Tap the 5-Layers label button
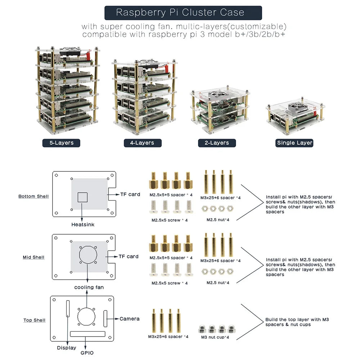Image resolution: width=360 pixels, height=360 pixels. (x=61, y=143)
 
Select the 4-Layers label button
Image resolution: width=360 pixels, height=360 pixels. (x=142, y=143)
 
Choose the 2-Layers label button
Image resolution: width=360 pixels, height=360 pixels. (x=217, y=143)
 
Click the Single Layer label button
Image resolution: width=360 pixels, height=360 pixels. (x=294, y=143)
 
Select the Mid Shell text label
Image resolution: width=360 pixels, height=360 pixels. (x=33, y=257)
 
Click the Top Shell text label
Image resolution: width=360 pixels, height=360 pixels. (x=35, y=320)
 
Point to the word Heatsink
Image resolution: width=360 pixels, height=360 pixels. (x=83, y=225)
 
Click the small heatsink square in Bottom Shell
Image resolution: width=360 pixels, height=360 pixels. (x=83, y=197)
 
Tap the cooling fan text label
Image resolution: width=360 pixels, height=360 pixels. (x=89, y=287)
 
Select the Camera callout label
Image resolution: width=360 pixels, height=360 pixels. (x=129, y=319)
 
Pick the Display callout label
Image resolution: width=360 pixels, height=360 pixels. (x=67, y=348)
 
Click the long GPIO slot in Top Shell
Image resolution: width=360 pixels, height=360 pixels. (x=86, y=334)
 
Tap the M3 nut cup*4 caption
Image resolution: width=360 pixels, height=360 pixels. (x=215, y=337)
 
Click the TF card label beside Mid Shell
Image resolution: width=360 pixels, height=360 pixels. (x=129, y=257)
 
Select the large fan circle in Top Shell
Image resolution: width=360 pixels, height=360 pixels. (x=86, y=316)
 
